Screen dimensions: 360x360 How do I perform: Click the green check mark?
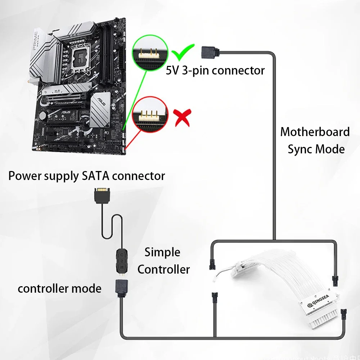[183, 53]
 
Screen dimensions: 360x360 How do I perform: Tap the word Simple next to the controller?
[162, 252]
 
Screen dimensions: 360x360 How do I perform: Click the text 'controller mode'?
[59, 288]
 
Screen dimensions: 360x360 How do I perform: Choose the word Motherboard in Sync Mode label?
[315, 132]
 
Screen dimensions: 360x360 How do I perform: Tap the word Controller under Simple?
[163, 269]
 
